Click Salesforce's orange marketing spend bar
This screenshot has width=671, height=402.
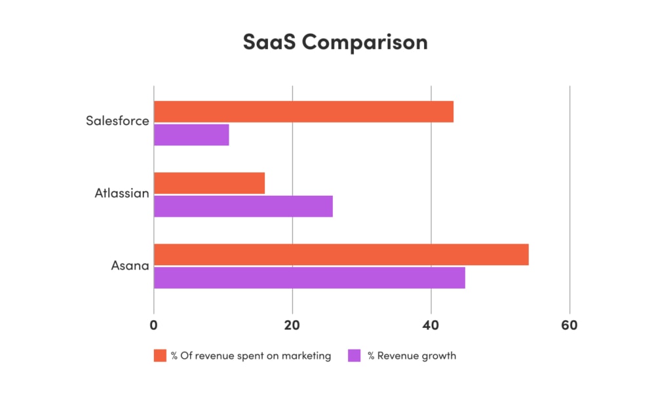(x=303, y=112)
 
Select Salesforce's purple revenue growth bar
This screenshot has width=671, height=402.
(x=191, y=135)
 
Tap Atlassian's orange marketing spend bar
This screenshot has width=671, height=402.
(x=209, y=183)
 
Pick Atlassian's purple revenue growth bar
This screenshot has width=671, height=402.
(x=243, y=206)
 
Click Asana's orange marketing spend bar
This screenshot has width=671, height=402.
(x=341, y=255)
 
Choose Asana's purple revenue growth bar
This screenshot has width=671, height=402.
(x=309, y=278)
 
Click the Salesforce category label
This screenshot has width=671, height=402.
(x=117, y=121)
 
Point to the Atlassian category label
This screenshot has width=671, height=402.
(x=121, y=193)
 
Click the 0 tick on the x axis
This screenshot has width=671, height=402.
(x=154, y=325)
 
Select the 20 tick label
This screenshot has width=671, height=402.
(x=292, y=325)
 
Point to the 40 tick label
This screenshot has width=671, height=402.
(x=431, y=325)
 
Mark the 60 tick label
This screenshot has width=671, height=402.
(x=569, y=325)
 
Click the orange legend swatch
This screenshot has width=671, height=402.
(x=160, y=356)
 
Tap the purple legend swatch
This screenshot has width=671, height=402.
(x=355, y=356)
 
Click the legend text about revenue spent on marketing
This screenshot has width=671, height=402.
(x=251, y=356)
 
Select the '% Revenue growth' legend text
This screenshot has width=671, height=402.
(x=412, y=356)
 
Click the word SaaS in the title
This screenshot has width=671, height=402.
(x=269, y=42)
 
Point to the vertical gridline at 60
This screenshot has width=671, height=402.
(x=569, y=196)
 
